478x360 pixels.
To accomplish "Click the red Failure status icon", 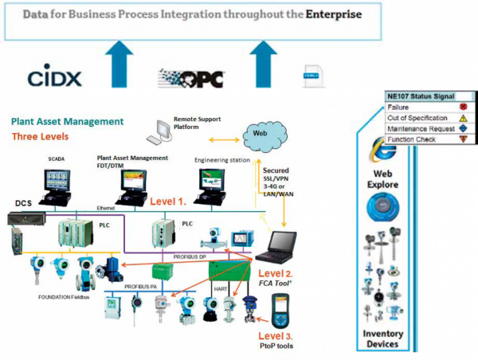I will pos(462,106).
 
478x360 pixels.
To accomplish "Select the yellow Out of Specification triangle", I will pos(462,116).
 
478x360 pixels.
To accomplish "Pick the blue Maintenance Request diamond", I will pos(462,127).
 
